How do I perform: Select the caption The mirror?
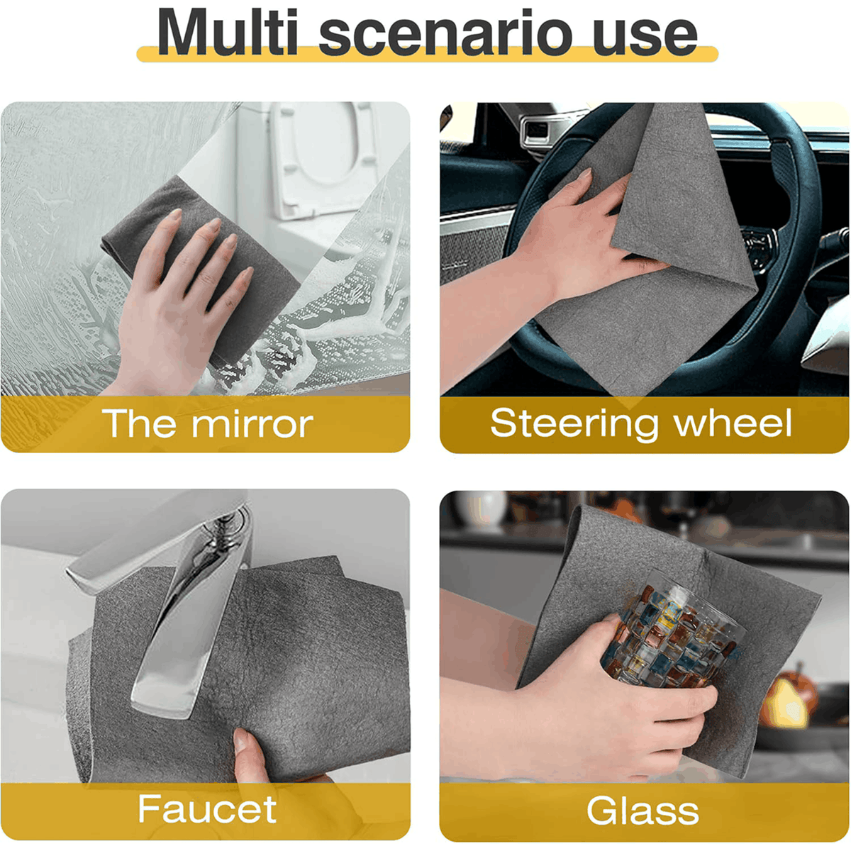tap(207, 423)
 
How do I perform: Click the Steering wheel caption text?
tap(641, 424)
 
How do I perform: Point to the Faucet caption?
tap(207, 809)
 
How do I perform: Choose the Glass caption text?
tap(643, 810)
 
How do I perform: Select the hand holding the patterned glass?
tap(587, 702)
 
